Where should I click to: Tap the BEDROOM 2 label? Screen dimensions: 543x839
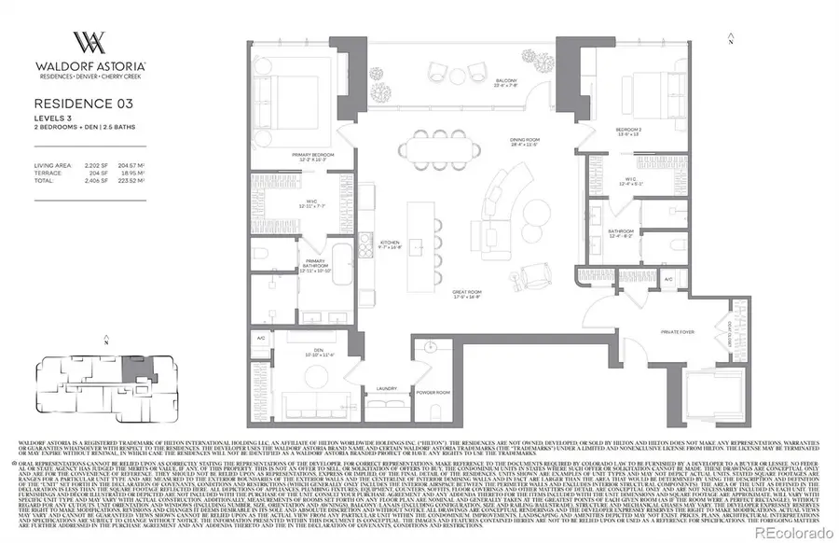pos(629,130)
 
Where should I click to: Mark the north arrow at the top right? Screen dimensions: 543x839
pos(733,37)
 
